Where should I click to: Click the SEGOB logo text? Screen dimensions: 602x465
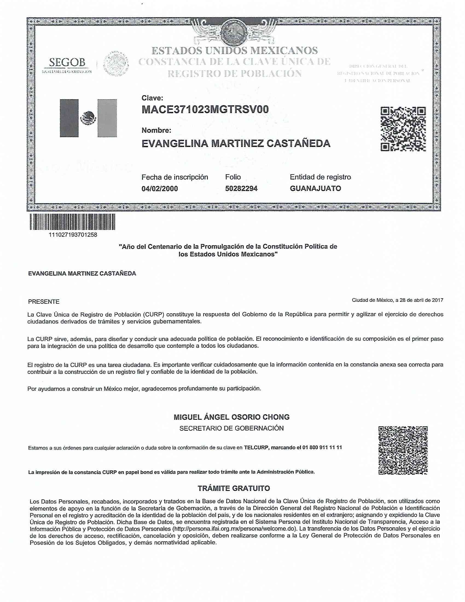point(67,63)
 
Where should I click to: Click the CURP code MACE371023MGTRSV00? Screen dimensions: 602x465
point(205,110)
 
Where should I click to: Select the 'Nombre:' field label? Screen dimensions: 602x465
point(156,130)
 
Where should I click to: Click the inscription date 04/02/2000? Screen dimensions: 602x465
point(159,189)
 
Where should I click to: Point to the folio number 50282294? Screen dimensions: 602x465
point(241,189)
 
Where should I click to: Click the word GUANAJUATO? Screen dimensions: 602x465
point(315,189)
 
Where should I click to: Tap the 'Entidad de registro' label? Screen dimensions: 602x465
point(320,177)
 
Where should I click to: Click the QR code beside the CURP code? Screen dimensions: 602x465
point(403,129)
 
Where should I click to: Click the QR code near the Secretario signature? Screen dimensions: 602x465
point(403,450)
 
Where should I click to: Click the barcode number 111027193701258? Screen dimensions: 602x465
point(72,235)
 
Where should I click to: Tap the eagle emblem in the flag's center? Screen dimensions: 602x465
point(88,118)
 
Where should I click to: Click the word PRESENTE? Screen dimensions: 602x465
point(44,302)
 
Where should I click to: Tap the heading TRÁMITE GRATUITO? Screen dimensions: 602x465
point(234,488)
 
